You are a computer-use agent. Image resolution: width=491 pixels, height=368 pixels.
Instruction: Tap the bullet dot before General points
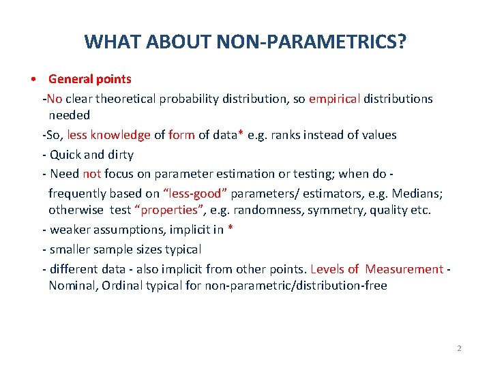(x=33, y=80)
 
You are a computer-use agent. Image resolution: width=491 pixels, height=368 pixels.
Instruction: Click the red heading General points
(x=89, y=80)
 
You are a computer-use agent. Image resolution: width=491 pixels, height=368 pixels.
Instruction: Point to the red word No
(x=55, y=99)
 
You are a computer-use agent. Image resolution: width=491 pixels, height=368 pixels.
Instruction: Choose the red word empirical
(x=334, y=99)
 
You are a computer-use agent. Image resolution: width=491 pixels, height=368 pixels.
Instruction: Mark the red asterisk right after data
(x=240, y=134)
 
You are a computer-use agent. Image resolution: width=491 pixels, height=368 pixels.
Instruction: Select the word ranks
(x=287, y=135)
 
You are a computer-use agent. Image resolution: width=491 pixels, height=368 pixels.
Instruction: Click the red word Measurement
(x=404, y=269)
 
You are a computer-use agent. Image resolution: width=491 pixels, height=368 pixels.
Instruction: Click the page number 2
(x=459, y=348)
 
